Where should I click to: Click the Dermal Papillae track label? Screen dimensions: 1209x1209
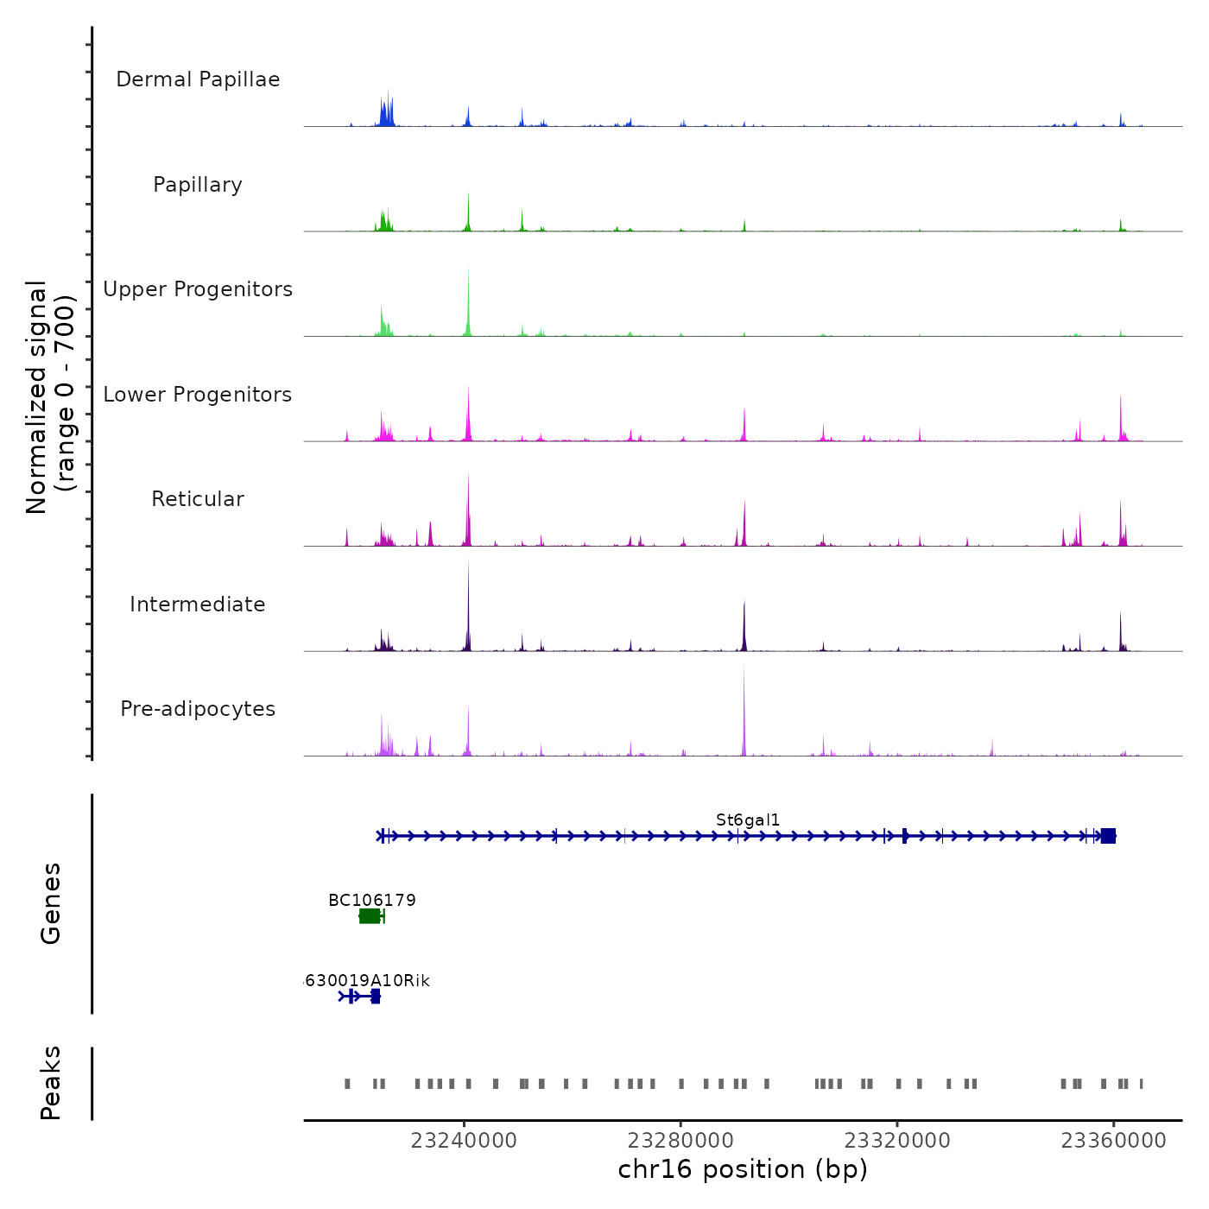198,79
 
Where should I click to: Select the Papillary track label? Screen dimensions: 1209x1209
198,185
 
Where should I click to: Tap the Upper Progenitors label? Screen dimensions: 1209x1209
198,289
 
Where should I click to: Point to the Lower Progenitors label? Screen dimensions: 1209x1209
198,395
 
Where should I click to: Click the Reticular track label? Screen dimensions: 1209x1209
198,499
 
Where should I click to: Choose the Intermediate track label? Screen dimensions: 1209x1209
198,604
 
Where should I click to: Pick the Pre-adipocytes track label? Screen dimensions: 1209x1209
198,709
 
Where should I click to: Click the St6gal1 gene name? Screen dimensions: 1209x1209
748,820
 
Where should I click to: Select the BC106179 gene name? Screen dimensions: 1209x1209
372,901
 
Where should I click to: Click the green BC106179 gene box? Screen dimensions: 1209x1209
370,916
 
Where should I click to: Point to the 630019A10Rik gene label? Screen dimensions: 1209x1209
368,981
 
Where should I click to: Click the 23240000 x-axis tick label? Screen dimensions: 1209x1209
464,1141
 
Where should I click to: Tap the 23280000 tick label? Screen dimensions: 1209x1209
680,1141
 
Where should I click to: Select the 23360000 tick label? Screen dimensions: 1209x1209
1113,1141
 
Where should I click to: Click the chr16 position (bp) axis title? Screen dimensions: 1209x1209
743,1169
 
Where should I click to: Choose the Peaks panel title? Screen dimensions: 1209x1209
51,1083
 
